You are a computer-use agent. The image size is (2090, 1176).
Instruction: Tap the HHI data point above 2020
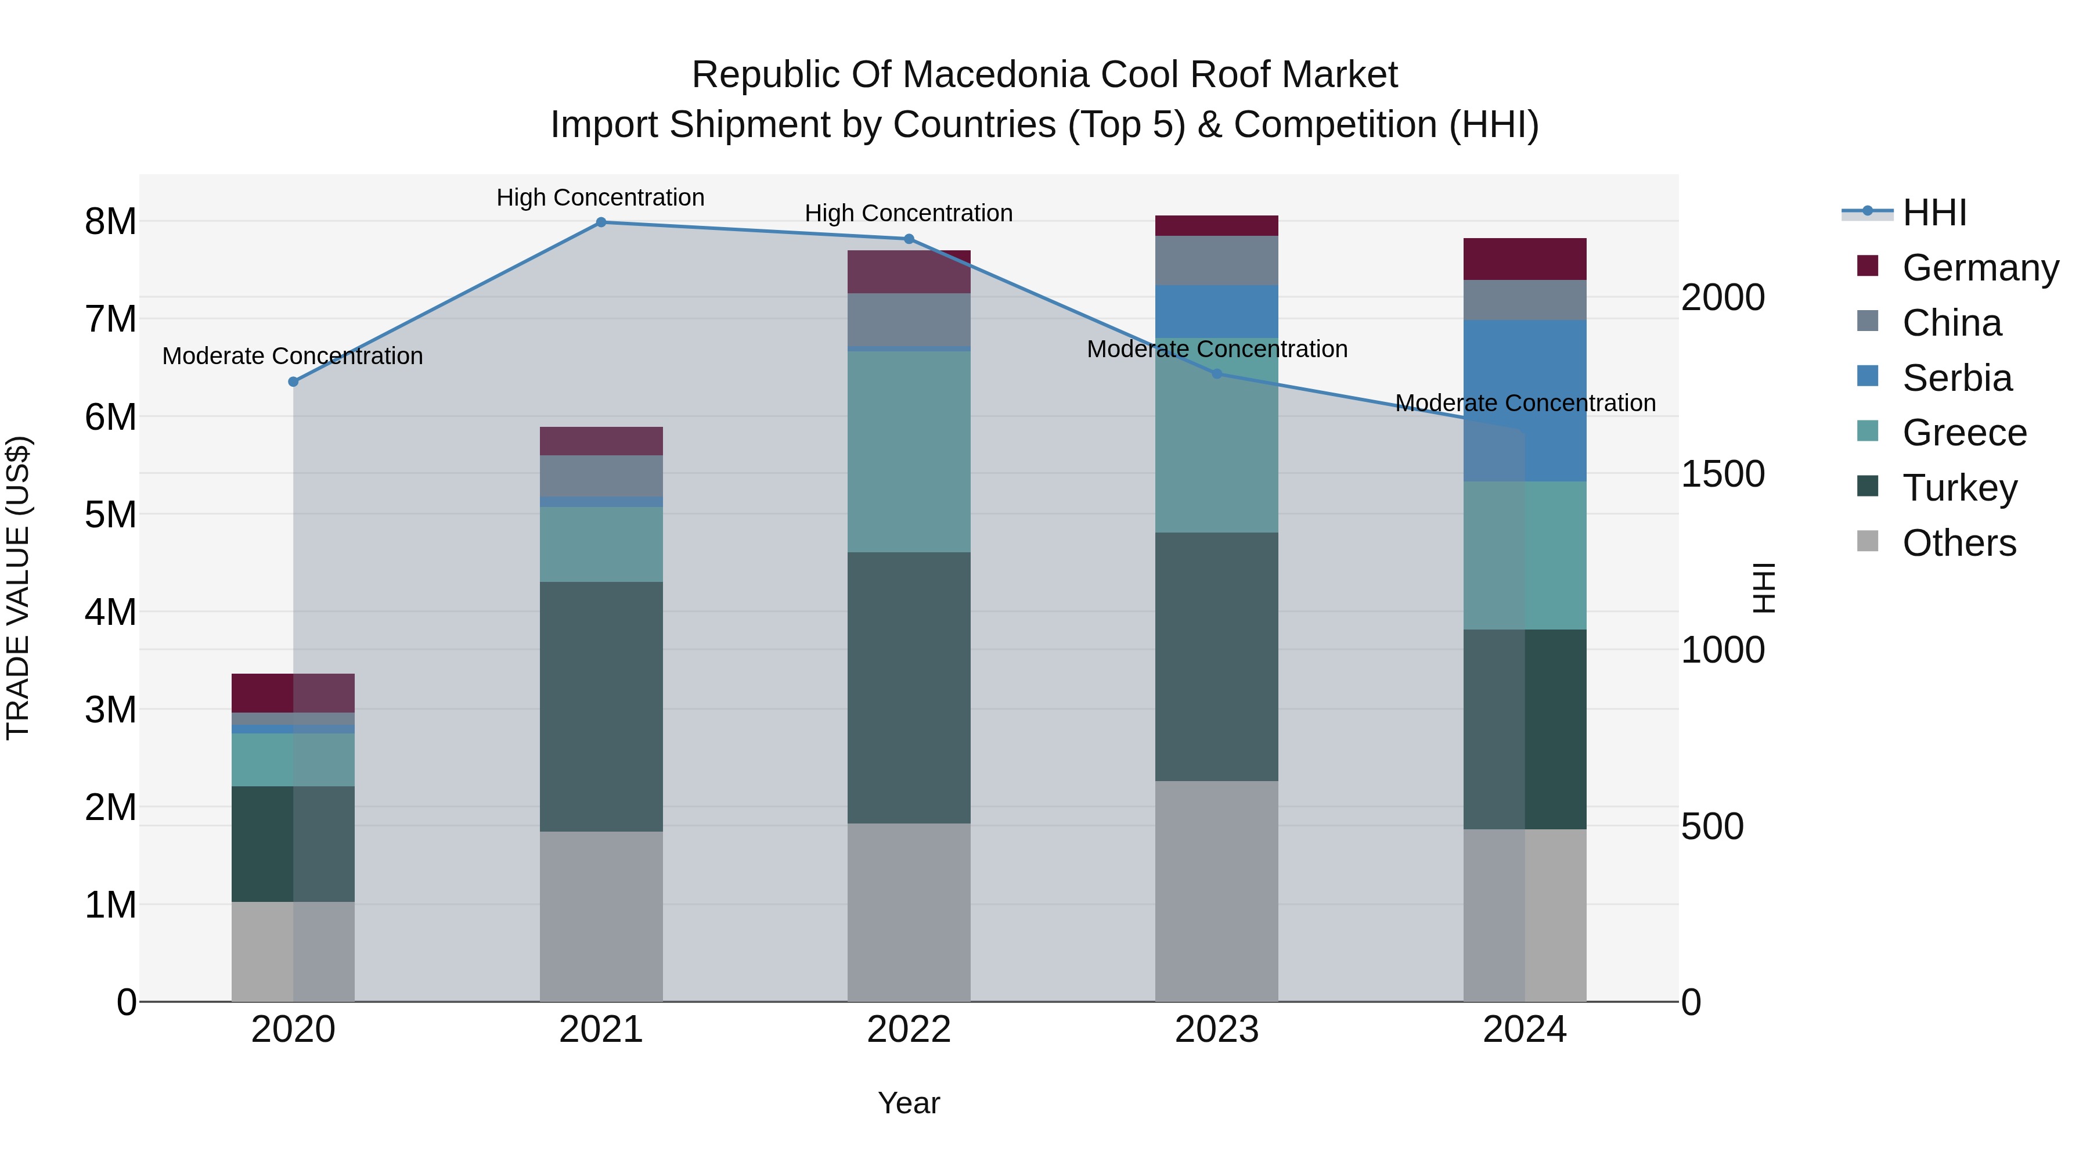tap(294, 382)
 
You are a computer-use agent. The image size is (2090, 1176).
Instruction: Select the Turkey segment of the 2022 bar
tap(909, 688)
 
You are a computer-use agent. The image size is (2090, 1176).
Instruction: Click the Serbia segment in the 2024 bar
tap(1525, 400)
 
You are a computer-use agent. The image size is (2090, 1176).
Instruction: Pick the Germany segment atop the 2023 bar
tap(1216, 226)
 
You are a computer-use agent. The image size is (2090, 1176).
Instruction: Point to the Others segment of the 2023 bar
tap(1216, 890)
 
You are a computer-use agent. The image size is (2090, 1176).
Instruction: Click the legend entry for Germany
tap(1980, 268)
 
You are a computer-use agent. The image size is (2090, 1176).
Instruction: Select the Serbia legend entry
tap(1957, 378)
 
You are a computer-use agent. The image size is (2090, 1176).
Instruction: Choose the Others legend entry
tap(1959, 543)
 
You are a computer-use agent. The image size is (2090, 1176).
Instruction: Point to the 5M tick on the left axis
tap(110, 515)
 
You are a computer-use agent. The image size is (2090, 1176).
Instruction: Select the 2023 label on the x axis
tap(1216, 1030)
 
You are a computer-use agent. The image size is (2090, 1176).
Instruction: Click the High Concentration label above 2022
tap(909, 214)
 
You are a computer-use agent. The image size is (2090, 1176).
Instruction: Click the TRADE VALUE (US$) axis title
tap(18, 588)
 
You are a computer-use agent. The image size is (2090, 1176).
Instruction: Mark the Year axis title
tap(909, 1103)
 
